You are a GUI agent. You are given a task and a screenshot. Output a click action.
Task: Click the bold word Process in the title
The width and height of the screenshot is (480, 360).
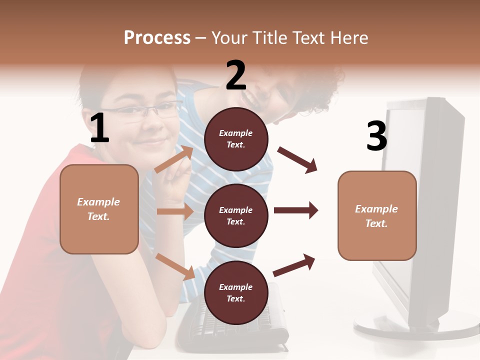tap(157, 37)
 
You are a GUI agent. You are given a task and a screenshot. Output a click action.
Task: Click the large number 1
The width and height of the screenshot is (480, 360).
tap(99, 128)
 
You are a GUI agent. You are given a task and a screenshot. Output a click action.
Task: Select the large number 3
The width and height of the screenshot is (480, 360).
tap(376, 136)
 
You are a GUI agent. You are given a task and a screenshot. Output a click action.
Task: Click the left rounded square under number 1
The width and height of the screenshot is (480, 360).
tap(99, 209)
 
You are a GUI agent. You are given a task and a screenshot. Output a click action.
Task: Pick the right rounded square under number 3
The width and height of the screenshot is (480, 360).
tap(377, 216)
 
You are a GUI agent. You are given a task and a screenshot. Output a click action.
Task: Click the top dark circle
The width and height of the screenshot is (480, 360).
tap(236, 139)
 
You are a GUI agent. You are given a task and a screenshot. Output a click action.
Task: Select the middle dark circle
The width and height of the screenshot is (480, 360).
tap(236, 215)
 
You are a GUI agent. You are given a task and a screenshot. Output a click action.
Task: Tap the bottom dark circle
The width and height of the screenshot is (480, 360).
tap(236, 292)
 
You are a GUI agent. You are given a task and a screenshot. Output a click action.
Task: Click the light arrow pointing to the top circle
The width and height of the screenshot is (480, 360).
tap(174, 159)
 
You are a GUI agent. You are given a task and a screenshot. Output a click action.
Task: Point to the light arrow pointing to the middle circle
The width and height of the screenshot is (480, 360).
tap(175, 211)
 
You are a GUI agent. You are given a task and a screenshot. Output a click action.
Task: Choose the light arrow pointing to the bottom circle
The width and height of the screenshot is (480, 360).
tap(175, 266)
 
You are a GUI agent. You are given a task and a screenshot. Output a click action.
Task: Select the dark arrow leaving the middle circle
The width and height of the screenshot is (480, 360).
tap(296, 210)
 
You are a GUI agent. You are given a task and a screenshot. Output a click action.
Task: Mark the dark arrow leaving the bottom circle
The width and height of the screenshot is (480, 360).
tap(294, 265)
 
